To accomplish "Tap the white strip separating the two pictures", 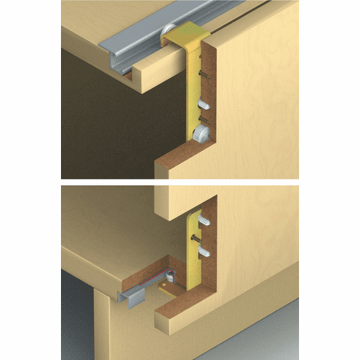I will pyautogui.click(x=180, y=181).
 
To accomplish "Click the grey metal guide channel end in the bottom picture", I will pyautogui.click(x=132, y=298).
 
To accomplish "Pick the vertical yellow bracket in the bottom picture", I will pyautogui.click(x=193, y=250).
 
